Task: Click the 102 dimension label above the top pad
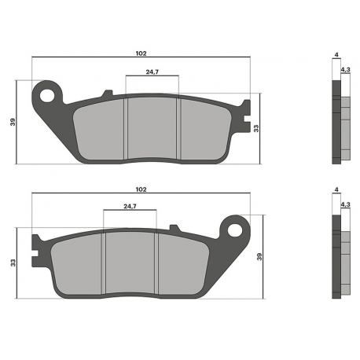pyautogui.click(x=141, y=53)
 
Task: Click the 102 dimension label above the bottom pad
pyautogui.click(x=141, y=189)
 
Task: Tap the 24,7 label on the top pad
pyautogui.click(x=152, y=72)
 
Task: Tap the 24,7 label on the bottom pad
pyautogui.click(x=130, y=206)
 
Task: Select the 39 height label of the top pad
pyautogui.click(x=13, y=122)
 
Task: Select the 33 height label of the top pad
pyautogui.click(x=256, y=128)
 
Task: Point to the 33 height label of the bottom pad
pyautogui.click(x=13, y=263)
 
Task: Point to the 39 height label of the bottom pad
pyautogui.click(x=259, y=256)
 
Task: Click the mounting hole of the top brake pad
pyautogui.click(x=47, y=95)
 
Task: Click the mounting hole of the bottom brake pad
pyautogui.click(x=234, y=230)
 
